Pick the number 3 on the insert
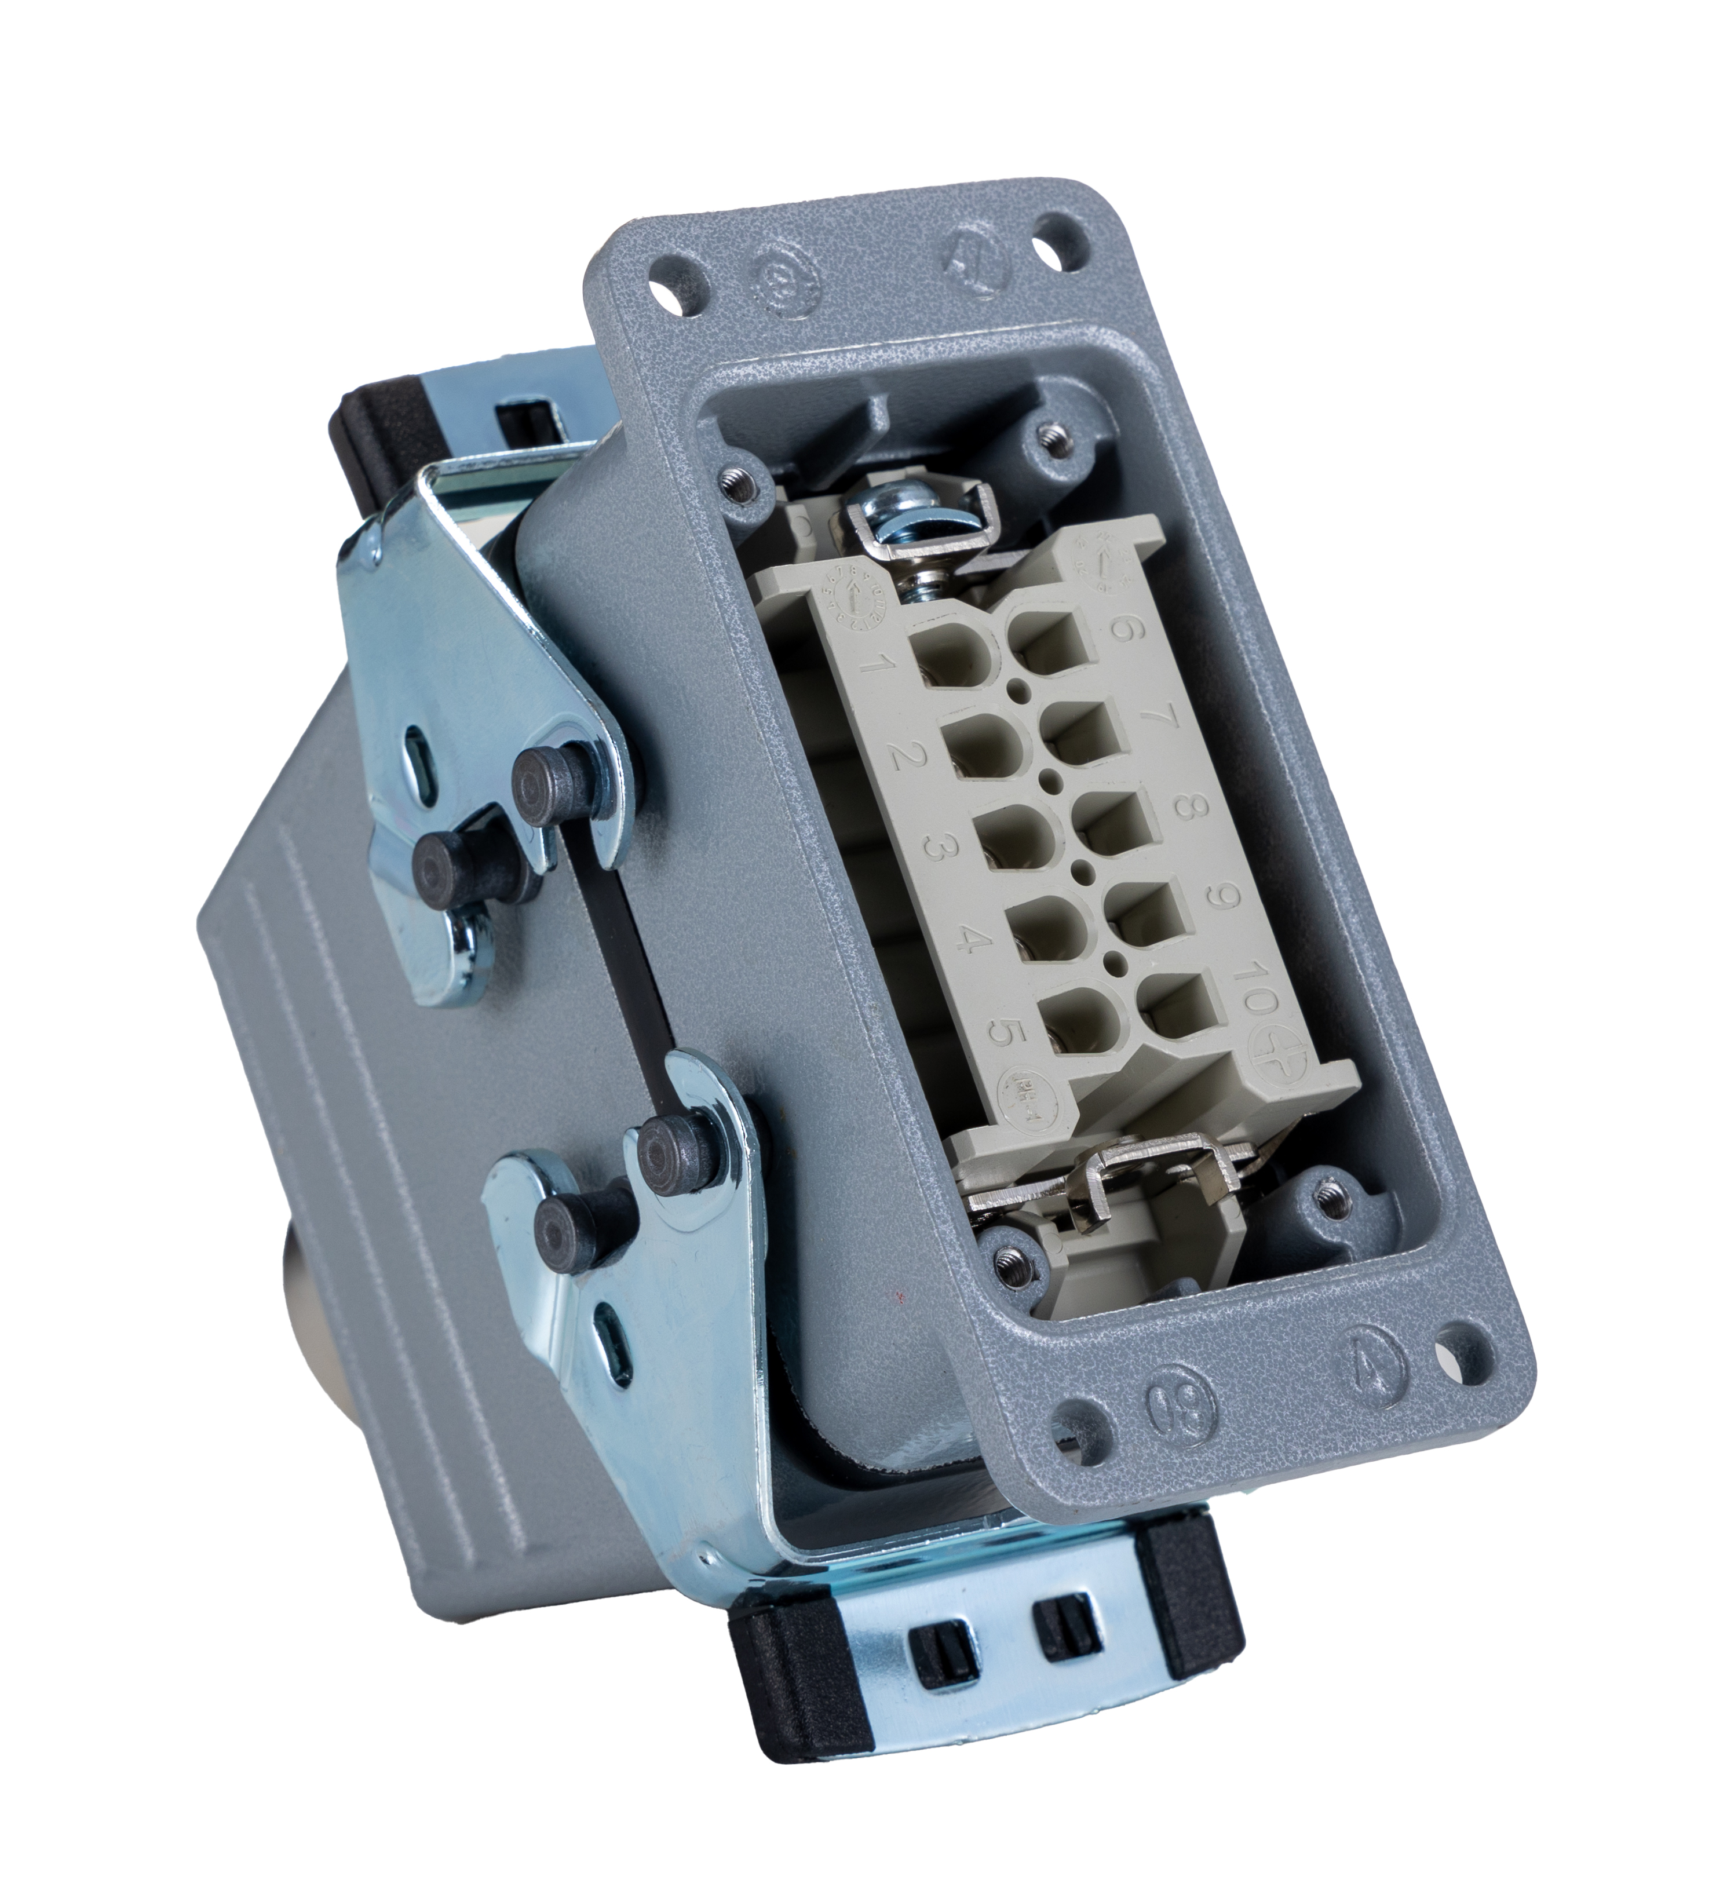click(936, 849)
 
